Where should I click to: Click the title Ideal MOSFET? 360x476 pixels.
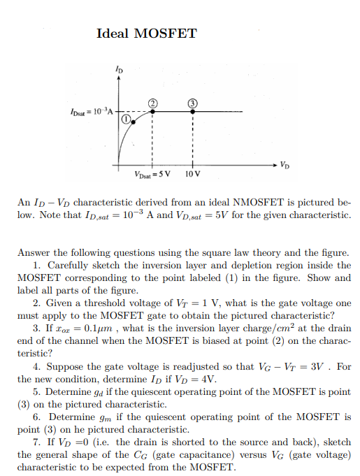(147, 33)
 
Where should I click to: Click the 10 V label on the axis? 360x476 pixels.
(193, 173)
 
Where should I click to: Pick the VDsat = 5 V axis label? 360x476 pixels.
(152, 173)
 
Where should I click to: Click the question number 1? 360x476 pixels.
(36, 266)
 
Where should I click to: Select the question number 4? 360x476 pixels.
(36, 366)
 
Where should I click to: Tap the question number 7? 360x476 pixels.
(36, 442)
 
